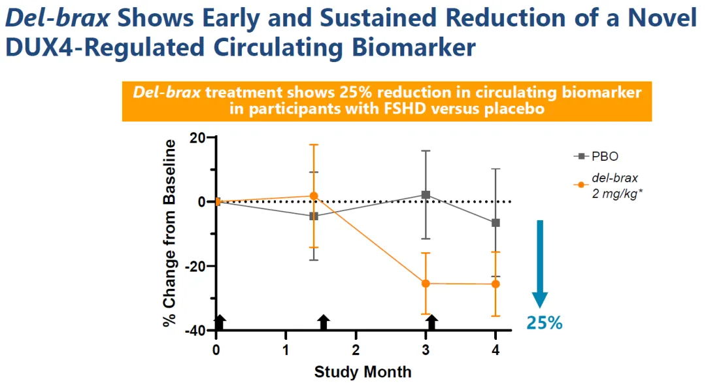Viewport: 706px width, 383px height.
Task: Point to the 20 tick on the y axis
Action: [x=197, y=138]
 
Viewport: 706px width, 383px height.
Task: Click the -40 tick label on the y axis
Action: [x=194, y=331]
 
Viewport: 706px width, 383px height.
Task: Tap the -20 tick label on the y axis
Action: [x=194, y=267]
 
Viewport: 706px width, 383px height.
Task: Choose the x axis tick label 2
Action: [x=356, y=350]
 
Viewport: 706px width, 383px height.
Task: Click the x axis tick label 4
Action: [x=496, y=350]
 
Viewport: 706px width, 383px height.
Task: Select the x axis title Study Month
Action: [x=363, y=372]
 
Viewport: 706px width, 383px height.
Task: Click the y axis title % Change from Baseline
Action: [x=171, y=233]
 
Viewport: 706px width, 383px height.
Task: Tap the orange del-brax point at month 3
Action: [x=426, y=283]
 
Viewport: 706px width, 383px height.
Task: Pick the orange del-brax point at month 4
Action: [x=496, y=284]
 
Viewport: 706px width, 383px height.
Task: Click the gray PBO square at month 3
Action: [x=426, y=195]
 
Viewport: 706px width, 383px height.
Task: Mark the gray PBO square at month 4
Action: [x=496, y=223]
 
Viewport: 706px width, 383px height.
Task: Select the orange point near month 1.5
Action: [x=314, y=195]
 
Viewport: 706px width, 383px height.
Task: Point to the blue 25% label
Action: [x=545, y=322]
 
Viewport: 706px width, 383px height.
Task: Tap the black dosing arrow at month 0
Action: [x=220, y=322]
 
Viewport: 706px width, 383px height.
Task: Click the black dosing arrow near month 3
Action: [x=431, y=322]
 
